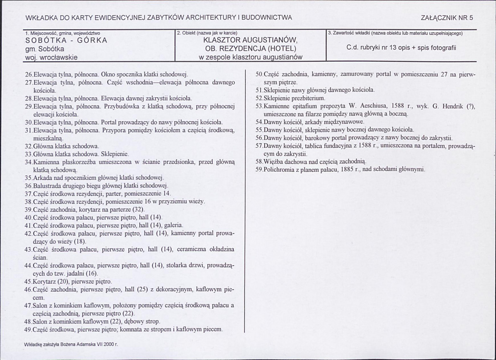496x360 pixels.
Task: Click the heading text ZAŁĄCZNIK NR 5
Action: (447, 18)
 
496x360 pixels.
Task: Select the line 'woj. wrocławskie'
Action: (51, 58)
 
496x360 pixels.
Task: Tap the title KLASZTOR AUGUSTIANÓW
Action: (250, 41)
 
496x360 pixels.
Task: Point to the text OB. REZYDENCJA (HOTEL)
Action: (250, 49)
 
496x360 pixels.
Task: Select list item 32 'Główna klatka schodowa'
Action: (62, 146)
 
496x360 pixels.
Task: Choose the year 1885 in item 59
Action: (345, 169)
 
